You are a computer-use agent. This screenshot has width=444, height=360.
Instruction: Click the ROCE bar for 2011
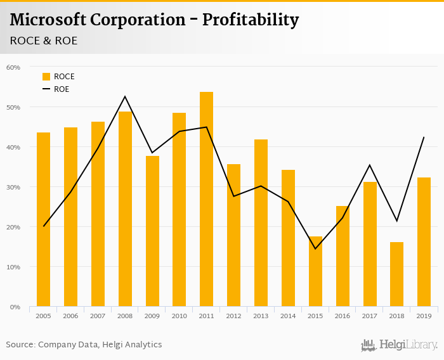point(206,200)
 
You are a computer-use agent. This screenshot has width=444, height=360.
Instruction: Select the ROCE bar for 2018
point(396,274)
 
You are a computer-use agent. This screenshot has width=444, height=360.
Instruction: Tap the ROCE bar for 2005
point(43,219)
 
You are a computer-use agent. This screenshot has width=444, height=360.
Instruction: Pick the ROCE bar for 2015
point(315,272)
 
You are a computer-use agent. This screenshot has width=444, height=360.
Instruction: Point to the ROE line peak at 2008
point(125,96)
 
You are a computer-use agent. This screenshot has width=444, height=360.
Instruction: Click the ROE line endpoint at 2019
point(424,138)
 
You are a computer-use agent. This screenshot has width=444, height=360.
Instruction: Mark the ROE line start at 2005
point(43,226)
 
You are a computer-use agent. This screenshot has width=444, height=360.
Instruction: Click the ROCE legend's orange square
point(46,77)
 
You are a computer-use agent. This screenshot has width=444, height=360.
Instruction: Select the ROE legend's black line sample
point(46,89)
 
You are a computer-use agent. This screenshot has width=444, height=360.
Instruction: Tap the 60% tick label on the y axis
point(13,67)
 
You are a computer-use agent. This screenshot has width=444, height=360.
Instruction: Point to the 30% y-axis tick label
point(13,187)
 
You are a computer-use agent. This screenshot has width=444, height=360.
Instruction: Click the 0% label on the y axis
point(16,307)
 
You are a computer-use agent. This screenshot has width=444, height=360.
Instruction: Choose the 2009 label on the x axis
point(152,316)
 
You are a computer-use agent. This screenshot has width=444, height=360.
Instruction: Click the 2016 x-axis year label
point(343,316)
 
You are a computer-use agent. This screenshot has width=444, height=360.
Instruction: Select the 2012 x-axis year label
point(233,316)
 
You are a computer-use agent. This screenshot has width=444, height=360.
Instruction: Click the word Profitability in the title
point(250,20)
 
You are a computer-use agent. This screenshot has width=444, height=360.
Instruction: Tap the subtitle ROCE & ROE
point(44,41)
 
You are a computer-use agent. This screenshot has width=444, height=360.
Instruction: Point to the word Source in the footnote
point(20,345)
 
